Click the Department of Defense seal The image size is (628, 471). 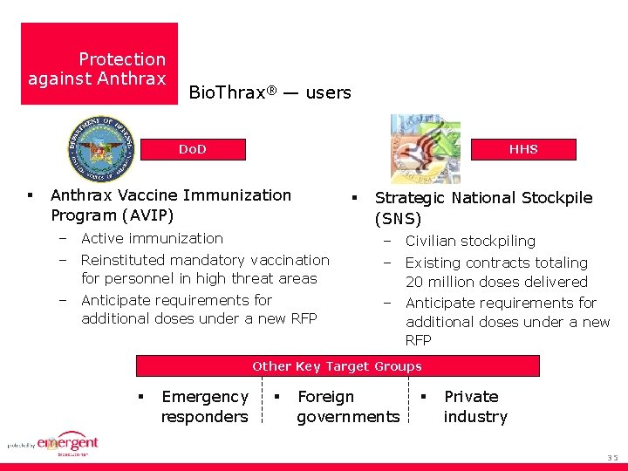click(102, 148)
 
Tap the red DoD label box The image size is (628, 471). click(192, 149)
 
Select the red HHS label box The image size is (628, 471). click(523, 149)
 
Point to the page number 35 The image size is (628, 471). click(611, 458)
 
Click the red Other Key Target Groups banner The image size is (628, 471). click(337, 366)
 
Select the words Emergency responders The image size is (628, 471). click(204, 406)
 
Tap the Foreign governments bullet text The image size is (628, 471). click(347, 406)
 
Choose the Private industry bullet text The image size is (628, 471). click(474, 406)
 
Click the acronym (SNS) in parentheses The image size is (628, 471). click(398, 219)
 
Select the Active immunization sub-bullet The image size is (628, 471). click(152, 238)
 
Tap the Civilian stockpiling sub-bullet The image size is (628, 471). click(470, 241)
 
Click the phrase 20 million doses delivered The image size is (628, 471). click(496, 282)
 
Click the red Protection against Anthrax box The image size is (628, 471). click(99, 64)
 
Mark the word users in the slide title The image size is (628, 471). click(328, 92)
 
